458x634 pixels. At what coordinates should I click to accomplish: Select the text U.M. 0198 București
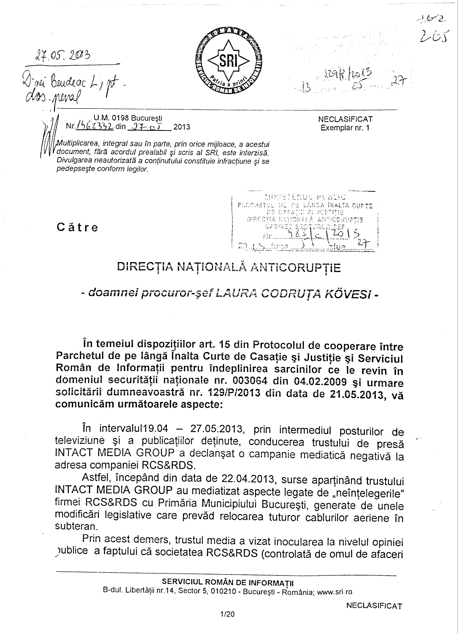128,118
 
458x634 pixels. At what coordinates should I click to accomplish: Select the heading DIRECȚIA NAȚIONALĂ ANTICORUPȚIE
229,268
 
